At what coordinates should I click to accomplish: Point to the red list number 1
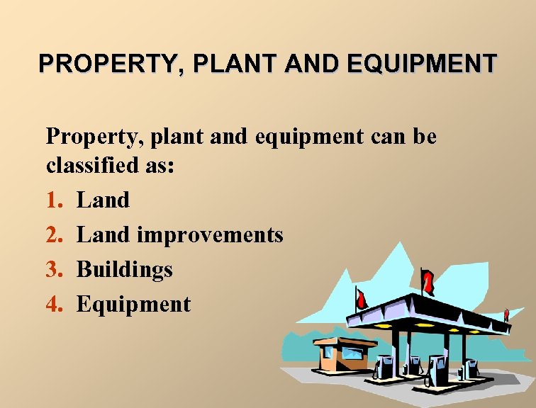(x=54, y=200)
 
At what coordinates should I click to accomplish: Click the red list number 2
(x=54, y=234)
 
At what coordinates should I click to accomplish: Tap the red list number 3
(x=54, y=269)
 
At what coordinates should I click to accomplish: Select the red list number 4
(x=54, y=304)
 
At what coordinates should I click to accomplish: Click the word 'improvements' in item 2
(x=210, y=234)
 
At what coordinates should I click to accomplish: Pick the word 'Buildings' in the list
(x=124, y=269)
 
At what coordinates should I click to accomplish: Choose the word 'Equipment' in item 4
(x=133, y=305)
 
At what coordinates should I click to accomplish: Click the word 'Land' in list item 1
(x=103, y=200)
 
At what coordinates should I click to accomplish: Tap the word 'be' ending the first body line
(x=424, y=135)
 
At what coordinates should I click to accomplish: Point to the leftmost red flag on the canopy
(x=362, y=298)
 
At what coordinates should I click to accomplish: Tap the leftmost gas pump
(x=384, y=365)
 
